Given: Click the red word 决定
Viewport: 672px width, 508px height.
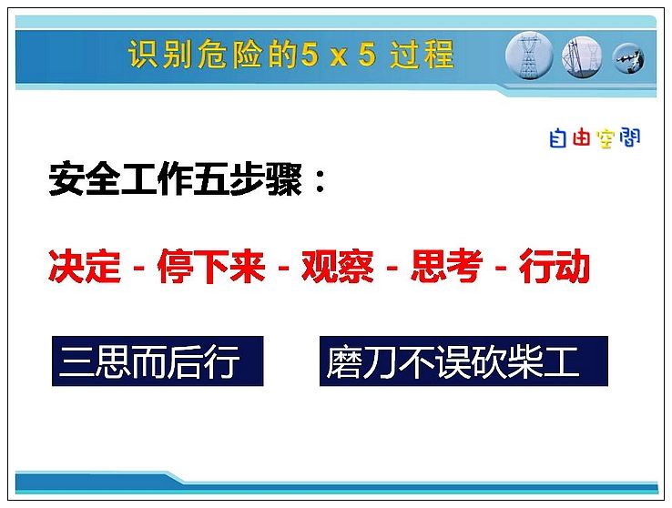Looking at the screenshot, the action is point(85,266).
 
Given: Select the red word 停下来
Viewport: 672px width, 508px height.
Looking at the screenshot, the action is point(211,266).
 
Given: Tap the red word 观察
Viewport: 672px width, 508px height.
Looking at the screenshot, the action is point(338,266).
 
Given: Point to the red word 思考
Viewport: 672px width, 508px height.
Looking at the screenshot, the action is point(446,266).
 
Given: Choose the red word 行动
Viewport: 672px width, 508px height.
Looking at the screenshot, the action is point(555,266).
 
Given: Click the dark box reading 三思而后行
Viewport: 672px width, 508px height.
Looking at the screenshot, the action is point(158,361).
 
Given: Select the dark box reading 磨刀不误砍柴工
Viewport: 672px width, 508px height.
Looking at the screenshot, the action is point(463,361).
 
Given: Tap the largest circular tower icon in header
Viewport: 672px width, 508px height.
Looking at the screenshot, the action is point(529,56).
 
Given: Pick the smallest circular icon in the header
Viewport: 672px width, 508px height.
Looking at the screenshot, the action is point(628,58).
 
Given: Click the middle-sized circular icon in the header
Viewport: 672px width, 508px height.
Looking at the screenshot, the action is point(582,57).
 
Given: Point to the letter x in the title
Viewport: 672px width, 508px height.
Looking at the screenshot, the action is point(339,56).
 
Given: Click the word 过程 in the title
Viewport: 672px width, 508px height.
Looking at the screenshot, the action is point(422,54).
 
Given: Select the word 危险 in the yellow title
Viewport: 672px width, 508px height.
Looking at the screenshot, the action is point(229,54).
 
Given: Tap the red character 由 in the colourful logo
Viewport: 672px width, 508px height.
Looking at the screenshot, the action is point(581,137).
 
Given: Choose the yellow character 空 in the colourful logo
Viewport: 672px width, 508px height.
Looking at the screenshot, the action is point(606,138).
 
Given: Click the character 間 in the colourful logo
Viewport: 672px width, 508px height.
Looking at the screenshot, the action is point(629,137).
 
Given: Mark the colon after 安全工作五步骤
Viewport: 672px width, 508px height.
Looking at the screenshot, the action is point(320,180).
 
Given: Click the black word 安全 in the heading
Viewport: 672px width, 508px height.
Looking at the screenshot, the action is point(84,179).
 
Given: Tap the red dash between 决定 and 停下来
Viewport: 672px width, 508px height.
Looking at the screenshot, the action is point(138,269).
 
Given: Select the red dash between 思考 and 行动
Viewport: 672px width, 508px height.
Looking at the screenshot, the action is point(501,269).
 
